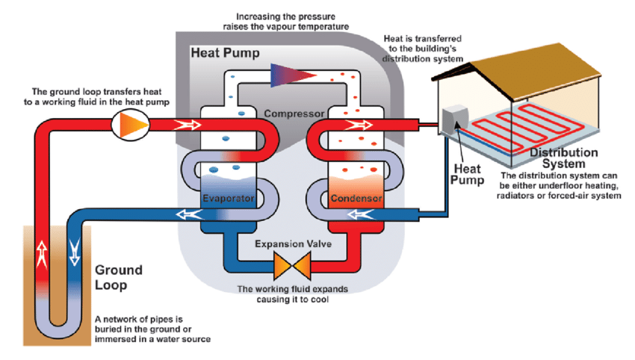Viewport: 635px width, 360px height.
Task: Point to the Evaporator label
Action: click(x=229, y=199)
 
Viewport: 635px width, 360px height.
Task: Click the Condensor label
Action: click(x=356, y=199)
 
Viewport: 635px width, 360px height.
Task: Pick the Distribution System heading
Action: click(x=564, y=158)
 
